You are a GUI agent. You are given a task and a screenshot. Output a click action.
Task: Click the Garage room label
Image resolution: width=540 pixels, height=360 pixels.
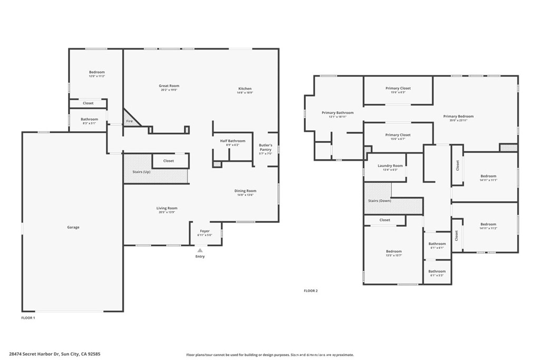click(73, 227)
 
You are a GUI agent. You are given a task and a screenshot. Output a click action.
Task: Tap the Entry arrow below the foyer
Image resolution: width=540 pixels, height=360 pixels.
click(200, 251)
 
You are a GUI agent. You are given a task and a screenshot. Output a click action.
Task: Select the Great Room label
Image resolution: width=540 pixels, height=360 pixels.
click(169, 86)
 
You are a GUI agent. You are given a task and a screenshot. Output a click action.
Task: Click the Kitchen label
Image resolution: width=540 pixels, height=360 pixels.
click(245, 89)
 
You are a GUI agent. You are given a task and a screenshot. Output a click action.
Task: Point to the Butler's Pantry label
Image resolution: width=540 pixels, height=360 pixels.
click(265, 147)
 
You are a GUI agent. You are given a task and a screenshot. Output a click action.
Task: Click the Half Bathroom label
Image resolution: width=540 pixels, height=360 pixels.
click(233, 141)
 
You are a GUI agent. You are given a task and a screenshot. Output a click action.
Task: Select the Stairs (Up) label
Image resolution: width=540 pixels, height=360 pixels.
click(141, 172)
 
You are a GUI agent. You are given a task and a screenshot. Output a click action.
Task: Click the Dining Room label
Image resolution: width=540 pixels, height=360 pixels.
click(245, 191)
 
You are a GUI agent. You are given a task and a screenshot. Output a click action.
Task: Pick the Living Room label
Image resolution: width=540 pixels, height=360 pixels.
click(167, 208)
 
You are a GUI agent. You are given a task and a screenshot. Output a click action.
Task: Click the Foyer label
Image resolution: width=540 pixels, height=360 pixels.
click(205, 231)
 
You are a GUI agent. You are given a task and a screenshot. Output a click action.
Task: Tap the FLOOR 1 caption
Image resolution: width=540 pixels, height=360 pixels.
click(28, 318)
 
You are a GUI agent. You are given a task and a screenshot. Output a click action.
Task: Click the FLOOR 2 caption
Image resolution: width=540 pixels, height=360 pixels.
click(311, 290)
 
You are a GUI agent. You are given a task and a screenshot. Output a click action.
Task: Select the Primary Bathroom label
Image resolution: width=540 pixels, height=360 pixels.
click(337, 113)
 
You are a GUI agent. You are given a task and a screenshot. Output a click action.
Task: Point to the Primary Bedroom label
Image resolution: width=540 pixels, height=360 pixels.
click(458, 116)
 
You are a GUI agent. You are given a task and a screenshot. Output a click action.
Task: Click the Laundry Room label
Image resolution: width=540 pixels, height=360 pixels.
click(390, 166)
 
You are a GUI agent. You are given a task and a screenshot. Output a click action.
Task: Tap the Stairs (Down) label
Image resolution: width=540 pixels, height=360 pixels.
click(380, 201)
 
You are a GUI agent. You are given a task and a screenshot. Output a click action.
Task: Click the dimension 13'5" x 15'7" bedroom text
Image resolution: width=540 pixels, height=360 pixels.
click(393, 256)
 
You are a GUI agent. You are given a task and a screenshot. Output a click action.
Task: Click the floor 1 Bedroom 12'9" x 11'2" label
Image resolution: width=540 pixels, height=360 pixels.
click(97, 72)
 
